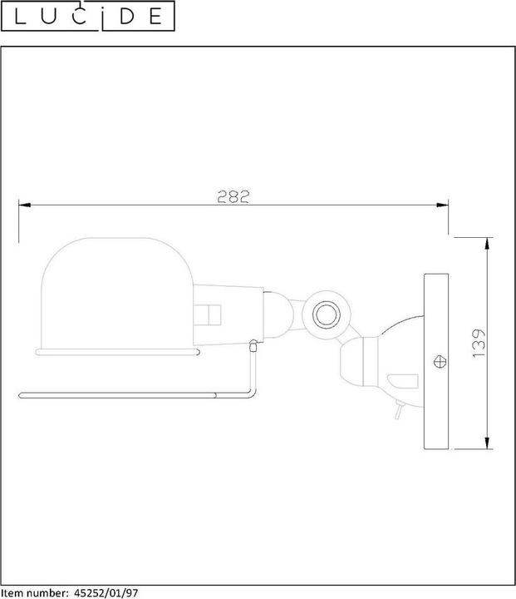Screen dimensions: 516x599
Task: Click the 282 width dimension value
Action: click(233, 196)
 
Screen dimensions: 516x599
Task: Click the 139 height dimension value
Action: click(479, 343)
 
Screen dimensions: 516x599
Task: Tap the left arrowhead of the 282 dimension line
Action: click(24, 205)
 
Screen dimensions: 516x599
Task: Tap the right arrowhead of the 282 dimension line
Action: click(442, 205)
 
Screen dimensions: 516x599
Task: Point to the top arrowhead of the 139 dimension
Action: click(487, 243)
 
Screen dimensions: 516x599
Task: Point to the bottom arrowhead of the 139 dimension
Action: click(487, 443)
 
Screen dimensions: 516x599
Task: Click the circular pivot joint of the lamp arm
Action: click(327, 314)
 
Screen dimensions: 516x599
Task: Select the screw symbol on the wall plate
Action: click(440, 361)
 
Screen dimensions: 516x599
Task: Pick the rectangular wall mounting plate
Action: click(436, 361)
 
